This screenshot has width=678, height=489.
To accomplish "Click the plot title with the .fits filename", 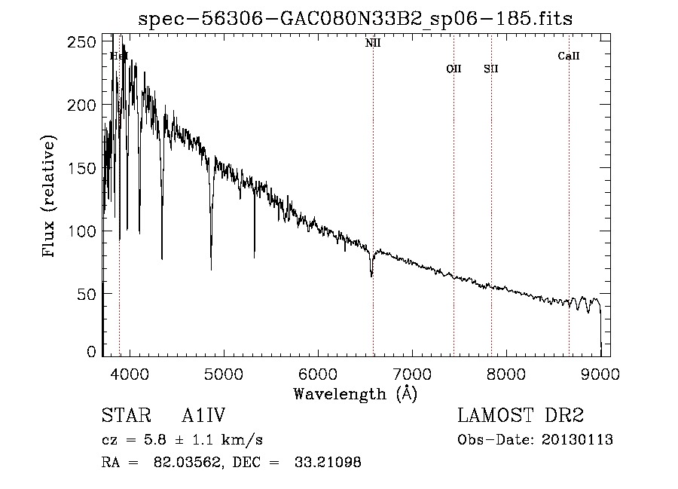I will [356, 20].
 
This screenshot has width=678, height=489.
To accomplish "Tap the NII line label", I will [373, 44].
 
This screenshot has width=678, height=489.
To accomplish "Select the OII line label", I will [454, 69].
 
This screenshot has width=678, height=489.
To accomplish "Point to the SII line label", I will [491, 69].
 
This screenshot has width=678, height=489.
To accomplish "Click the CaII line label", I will [569, 56].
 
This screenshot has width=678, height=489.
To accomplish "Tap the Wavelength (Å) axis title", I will [355, 393].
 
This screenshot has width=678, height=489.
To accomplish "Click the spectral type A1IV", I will [204, 416].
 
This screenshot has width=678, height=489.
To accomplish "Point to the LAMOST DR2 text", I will [521, 416].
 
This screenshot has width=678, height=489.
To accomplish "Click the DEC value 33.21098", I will [326, 463].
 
